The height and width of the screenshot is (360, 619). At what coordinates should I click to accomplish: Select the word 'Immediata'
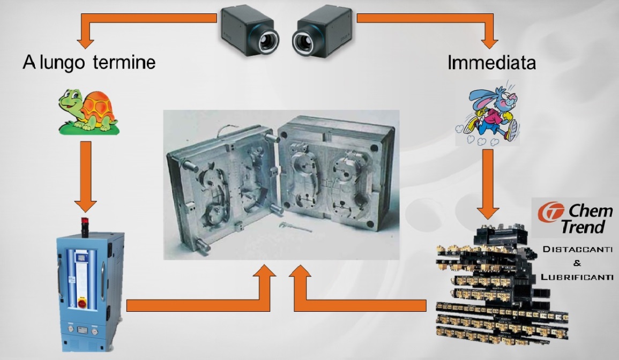[491, 63]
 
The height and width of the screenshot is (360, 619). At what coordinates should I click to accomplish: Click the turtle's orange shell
[99, 107]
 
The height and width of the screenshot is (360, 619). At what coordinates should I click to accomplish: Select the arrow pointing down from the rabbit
[488, 184]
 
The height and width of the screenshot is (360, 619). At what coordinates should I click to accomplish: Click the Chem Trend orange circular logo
[551, 212]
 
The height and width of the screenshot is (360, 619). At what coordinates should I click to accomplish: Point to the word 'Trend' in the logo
[583, 227]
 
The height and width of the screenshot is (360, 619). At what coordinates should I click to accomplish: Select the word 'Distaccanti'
[578, 249]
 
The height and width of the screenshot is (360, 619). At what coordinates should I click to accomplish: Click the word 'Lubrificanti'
[577, 277]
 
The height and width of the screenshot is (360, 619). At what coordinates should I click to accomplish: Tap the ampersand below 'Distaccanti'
[577, 263]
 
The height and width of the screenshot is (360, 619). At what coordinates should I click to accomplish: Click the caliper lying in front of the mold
[295, 227]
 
